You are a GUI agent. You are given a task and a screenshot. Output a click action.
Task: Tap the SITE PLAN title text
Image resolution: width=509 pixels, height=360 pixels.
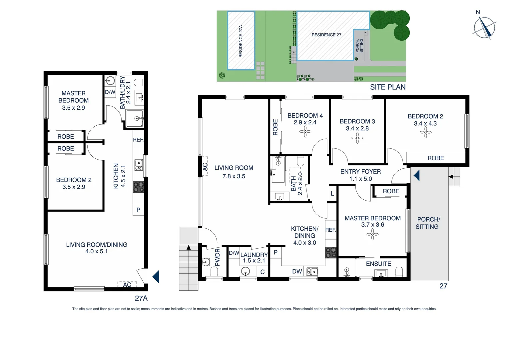coord(388,87)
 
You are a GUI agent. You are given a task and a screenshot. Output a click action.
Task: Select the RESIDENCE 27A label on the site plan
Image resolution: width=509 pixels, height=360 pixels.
coord(241,41)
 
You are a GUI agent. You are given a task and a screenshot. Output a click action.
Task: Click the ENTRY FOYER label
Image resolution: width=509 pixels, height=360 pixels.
coord(360,172)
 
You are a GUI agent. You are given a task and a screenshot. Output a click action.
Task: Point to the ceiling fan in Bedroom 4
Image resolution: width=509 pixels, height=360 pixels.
coord(305,132)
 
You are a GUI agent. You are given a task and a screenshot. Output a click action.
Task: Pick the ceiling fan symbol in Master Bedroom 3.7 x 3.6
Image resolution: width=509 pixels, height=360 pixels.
coord(372,235)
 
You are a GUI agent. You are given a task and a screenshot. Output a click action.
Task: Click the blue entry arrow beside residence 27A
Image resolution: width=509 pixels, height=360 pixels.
coord(156,276)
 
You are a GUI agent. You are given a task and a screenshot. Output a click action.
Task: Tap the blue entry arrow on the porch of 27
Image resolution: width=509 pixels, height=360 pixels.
coord(416,175)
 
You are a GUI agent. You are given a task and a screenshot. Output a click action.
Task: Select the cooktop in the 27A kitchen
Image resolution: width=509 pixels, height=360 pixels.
coord(139,187)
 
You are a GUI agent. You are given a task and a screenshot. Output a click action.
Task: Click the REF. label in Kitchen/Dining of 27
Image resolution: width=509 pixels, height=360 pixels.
coord(330,230)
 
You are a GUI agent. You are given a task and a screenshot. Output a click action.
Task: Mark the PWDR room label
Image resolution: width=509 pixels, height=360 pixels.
coord(217,257)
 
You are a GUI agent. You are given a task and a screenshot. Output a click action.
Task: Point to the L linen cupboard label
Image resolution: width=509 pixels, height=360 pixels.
coord(332,194)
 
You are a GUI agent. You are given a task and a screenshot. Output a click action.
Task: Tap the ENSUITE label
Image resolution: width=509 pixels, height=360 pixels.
coord(378,264)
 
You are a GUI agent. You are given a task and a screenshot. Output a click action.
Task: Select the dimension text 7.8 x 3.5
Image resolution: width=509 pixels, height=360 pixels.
coord(234,176)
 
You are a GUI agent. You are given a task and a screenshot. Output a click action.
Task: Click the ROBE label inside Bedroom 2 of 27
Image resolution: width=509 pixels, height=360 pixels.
coord(436,158)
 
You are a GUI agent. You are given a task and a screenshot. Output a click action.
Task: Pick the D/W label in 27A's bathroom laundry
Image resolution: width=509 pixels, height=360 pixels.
coord(110,92)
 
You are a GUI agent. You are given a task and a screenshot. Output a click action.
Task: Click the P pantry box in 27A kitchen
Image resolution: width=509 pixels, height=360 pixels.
coord(138,210)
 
